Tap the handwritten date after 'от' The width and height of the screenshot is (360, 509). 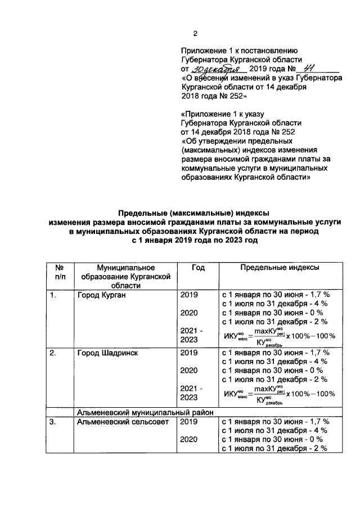(x=217, y=69)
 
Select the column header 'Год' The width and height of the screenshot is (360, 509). (x=197, y=268)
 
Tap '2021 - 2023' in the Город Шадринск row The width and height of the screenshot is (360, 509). (x=191, y=392)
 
